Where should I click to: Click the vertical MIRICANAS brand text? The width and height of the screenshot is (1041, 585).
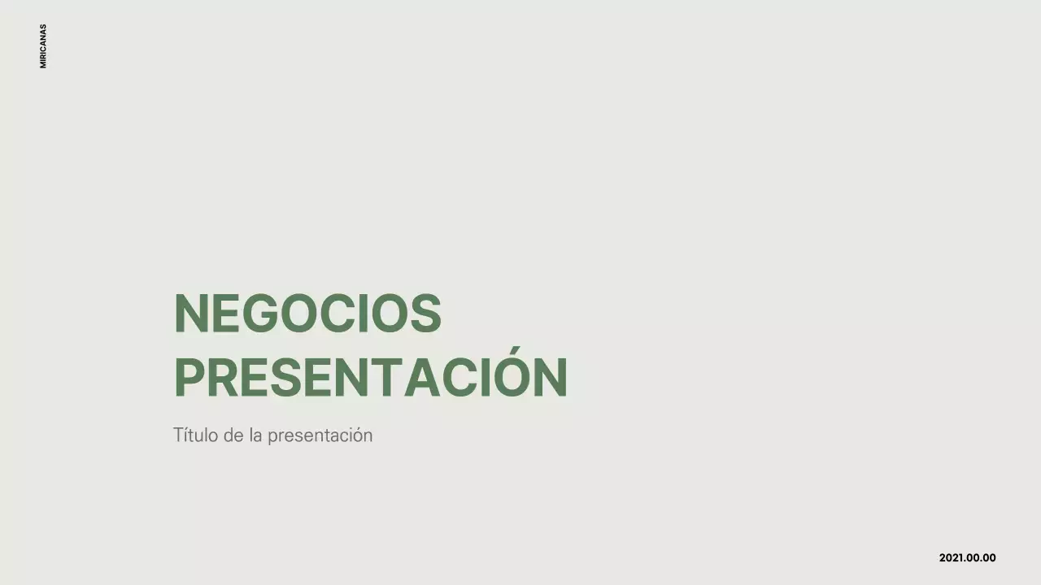pyautogui.click(x=43, y=46)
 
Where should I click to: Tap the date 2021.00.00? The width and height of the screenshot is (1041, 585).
pyautogui.click(x=967, y=558)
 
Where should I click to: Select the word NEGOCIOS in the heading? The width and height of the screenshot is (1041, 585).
pyautogui.click(x=307, y=314)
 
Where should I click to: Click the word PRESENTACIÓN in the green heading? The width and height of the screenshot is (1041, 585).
pyautogui.click(x=370, y=378)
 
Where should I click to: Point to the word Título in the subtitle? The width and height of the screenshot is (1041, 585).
pyautogui.click(x=196, y=435)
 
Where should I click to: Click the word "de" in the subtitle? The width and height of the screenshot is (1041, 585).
pyautogui.click(x=233, y=435)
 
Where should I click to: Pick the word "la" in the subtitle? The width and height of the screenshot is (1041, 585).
pyautogui.click(x=256, y=435)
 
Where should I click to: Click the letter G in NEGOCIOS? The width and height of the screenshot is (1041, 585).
pyautogui.click(x=258, y=314)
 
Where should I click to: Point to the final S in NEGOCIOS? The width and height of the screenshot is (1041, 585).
pyautogui.click(x=425, y=314)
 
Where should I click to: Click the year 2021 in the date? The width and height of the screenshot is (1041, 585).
pyautogui.click(x=952, y=558)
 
